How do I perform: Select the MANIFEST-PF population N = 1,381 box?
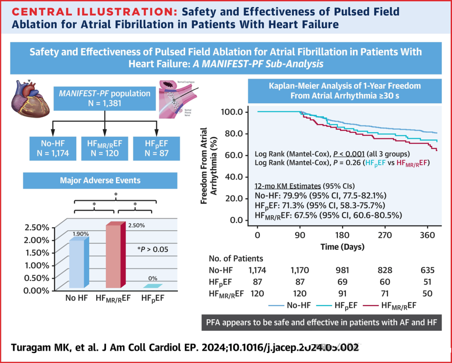point(104,98)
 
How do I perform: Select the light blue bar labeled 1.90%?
point(78,263)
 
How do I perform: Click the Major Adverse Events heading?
point(100,181)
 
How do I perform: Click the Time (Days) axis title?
point(342,247)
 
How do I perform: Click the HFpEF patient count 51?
point(427,282)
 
